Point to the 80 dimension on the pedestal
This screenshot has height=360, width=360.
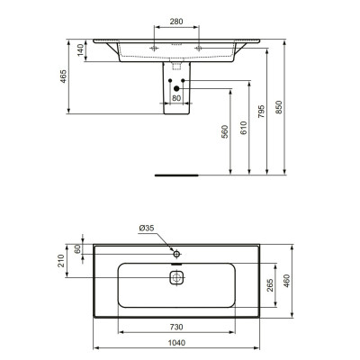[176, 97]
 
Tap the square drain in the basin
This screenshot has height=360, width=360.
[177, 278]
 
